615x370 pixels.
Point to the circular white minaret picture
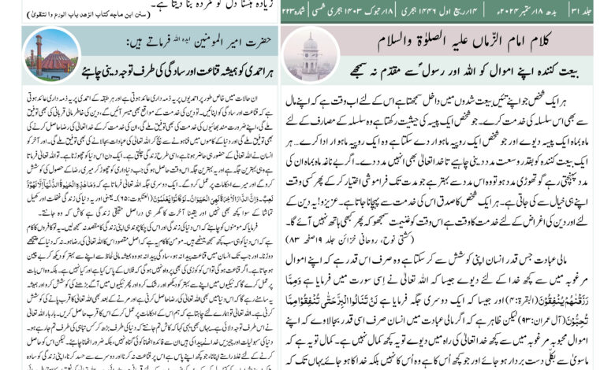(x=309, y=54)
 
